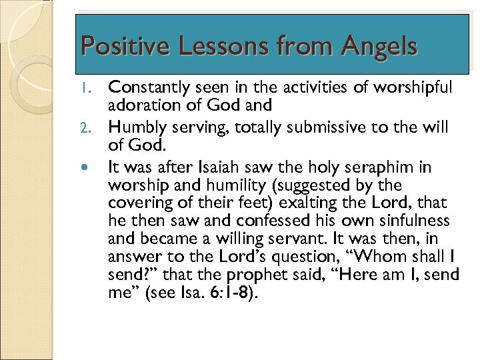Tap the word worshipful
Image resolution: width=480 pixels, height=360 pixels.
(x=415, y=87)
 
